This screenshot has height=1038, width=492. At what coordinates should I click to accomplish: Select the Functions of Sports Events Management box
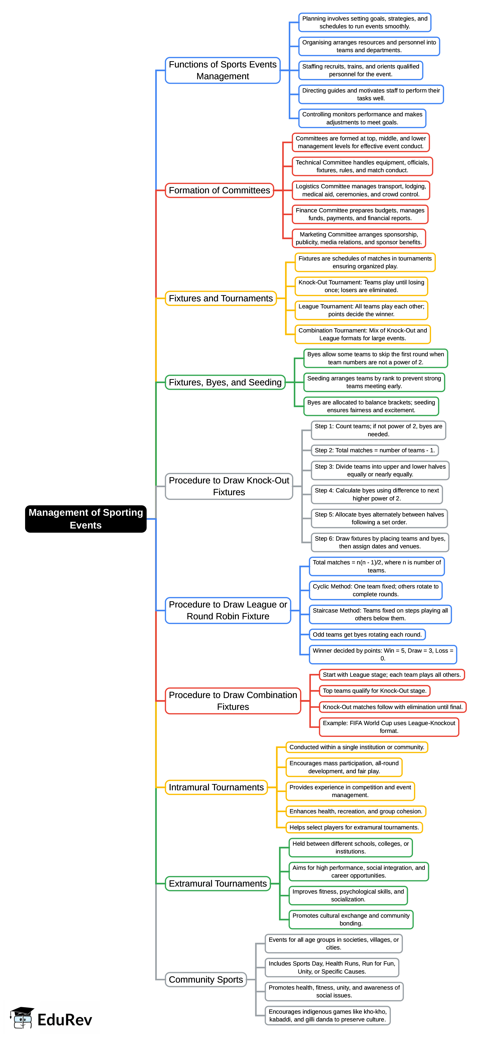223,70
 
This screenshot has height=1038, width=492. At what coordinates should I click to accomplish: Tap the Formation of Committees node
219,190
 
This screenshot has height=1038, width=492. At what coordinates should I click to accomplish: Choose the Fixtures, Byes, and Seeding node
225,382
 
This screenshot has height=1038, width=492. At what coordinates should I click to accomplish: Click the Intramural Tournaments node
216,787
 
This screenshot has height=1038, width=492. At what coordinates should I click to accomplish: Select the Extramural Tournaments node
218,884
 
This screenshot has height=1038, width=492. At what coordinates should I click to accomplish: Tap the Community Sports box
206,980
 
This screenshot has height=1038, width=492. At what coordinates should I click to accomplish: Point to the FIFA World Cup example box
389,727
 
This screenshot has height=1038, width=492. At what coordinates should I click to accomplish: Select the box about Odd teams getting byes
367,635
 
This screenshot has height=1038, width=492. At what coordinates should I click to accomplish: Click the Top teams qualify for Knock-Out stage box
374,691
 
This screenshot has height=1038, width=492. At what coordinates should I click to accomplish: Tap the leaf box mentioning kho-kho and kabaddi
327,1015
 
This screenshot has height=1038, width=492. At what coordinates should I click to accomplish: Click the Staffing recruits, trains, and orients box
361,70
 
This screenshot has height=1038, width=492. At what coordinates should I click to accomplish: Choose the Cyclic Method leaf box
375,590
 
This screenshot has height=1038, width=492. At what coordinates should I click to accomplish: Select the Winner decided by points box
383,654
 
